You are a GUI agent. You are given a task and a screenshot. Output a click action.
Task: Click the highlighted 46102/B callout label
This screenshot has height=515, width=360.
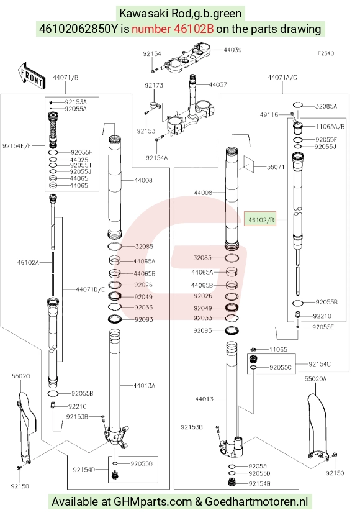(x=261, y=220)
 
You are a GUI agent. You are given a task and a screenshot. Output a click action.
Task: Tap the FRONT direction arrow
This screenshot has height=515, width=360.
(x=31, y=76)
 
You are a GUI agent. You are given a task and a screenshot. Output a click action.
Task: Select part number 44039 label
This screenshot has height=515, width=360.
(x=233, y=50)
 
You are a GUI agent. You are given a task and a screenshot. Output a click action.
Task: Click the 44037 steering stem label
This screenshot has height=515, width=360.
(x=218, y=84)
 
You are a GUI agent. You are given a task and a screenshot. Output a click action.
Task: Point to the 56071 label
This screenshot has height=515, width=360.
(x=276, y=167)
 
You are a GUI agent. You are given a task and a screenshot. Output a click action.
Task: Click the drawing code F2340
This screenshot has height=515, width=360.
(x=325, y=53)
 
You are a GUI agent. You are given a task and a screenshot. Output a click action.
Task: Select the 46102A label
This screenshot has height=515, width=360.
(x=28, y=262)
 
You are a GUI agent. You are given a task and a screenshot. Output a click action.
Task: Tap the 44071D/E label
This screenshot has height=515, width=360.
(x=90, y=289)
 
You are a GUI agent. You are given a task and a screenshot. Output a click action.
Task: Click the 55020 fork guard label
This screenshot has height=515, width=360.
(x=20, y=376)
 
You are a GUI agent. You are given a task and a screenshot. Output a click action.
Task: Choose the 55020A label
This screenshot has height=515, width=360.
(x=315, y=379)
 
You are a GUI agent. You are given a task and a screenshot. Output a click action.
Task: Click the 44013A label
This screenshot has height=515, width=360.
(x=144, y=386)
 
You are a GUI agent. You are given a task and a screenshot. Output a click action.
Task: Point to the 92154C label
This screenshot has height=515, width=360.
(x=319, y=364)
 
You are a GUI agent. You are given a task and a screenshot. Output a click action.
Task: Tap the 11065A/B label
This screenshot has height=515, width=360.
(x=330, y=127)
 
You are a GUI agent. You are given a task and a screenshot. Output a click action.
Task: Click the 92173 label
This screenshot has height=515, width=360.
(x=154, y=85)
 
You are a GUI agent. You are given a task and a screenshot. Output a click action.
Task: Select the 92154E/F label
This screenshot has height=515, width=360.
(x=17, y=145)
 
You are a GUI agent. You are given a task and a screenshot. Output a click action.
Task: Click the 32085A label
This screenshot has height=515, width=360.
(x=326, y=106)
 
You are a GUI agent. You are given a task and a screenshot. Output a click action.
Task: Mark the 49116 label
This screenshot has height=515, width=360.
(x=269, y=115)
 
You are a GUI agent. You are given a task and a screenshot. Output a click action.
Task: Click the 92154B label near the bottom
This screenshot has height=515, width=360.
(x=259, y=483)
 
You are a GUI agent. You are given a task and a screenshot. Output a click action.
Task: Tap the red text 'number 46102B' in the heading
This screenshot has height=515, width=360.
(x=173, y=29)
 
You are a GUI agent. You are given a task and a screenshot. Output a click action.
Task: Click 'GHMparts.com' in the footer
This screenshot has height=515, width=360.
(x=153, y=501)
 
